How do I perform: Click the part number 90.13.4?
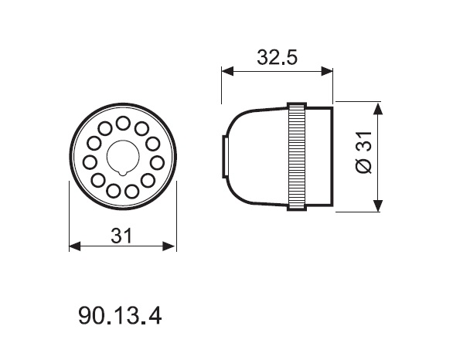[120, 316]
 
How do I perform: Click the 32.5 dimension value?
[277, 57]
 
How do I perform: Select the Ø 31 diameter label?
[364, 152]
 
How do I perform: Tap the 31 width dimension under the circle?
[121, 236]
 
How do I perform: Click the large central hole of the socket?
[123, 157]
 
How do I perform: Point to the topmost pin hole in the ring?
[123, 124]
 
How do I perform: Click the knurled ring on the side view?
[296, 156]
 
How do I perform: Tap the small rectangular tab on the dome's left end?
[225, 157]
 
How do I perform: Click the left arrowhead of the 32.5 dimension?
[227, 71]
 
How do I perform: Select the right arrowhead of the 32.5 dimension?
[327, 71]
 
